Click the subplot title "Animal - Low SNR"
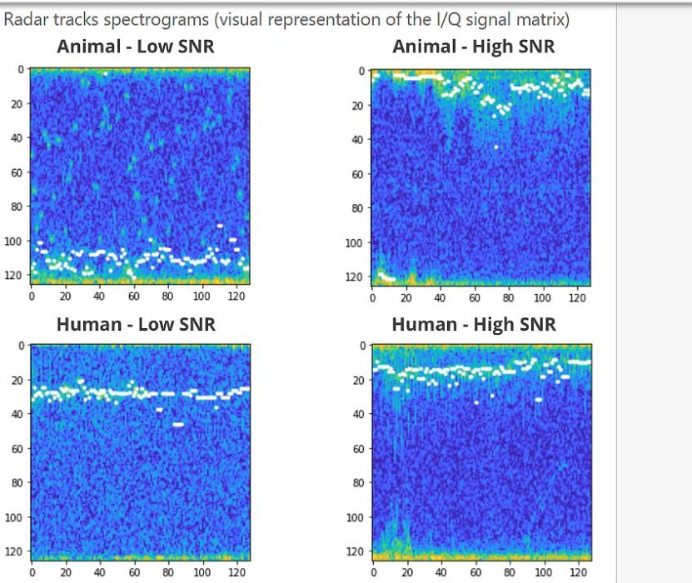pyautogui.click(x=135, y=47)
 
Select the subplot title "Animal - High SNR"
pyautogui.click(x=473, y=47)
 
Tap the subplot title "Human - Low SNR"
pyautogui.click(x=135, y=324)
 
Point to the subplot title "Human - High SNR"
pyautogui.click(x=473, y=324)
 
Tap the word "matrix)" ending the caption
pyautogui.click(x=542, y=17)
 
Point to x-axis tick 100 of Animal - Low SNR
pyautogui.click(x=202, y=296)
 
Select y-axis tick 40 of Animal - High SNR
pyautogui.click(x=356, y=140)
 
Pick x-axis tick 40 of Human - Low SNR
pyautogui.click(x=100, y=572)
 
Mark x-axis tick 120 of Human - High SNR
pyautogui.click(x=577, y=573)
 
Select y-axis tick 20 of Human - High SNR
pyautogui.click(x=356, y=381)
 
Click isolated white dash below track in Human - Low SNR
pyautogui.click(x=177, y=425)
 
